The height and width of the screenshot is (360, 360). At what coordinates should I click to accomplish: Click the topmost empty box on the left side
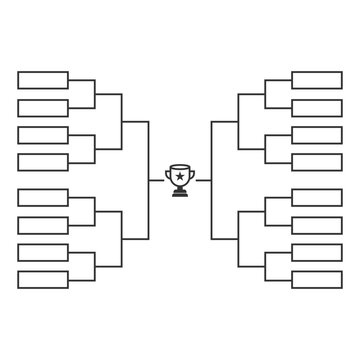[x=44, y=80]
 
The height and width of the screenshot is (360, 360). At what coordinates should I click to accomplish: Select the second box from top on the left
[x=44, y=107]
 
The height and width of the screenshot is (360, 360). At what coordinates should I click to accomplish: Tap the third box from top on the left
[x=44, y=134]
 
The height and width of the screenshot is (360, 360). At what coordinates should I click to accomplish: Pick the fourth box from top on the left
[x=44, y=161]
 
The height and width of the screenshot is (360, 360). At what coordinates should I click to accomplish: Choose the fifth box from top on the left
[x=44, y=197]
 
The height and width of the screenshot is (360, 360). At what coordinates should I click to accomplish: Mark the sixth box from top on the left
[x=44, y=224]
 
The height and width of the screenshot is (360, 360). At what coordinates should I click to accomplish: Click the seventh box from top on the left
[x=44, y=251]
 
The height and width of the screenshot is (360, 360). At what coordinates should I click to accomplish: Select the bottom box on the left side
[x=44, y=278]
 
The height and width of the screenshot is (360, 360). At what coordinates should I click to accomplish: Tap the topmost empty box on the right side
[x=316, y=80]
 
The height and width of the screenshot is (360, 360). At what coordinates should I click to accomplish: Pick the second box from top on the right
[x=316, y=107]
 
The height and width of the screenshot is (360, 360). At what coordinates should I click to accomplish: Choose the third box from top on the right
[x=316, y=134]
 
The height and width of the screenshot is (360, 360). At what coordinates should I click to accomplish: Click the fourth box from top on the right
[x=316, y=161]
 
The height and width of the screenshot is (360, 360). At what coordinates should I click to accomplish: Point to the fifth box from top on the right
[x=316, y=197]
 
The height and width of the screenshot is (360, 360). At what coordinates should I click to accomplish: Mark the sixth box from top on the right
[x=316, y=224]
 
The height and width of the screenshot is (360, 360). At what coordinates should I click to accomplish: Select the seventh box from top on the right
[x=316, y=251]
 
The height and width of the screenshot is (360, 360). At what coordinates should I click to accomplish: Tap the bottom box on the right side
[x=316, y=278]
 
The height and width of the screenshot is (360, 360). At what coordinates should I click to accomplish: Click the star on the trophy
[x=180, y=173]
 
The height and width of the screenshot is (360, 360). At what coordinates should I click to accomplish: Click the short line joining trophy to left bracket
[x=156, y=180]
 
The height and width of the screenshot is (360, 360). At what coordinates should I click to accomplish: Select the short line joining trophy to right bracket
[x=204, y=180]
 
